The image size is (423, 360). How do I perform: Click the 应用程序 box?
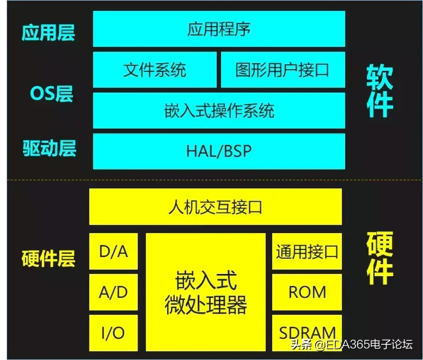pos(219,29)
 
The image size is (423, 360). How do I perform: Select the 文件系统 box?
pos(155,70)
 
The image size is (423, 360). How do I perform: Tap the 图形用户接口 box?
pos(283,70)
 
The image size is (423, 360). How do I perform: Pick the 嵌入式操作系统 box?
pos(219,111)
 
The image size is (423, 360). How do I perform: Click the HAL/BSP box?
pos(219,151)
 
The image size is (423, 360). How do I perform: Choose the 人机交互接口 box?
pos(216,207)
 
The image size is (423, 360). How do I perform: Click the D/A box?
pos(113,251)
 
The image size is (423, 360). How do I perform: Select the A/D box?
pos(113,292)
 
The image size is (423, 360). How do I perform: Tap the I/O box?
pos(113,332)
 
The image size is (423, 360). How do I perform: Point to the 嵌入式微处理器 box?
pos(206,292)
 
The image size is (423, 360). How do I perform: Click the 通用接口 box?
pos(307,251)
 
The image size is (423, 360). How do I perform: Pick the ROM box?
pos(307,292)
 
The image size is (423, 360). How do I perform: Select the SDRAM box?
pos(307,332)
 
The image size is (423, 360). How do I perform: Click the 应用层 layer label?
pos(48,33)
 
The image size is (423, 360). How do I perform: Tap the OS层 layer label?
pos(51,93)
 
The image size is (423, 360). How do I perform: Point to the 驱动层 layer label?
pos(49,148)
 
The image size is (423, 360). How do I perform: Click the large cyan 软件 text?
pos(379,91)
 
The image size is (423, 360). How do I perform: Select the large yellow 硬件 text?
pos(379,258)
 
